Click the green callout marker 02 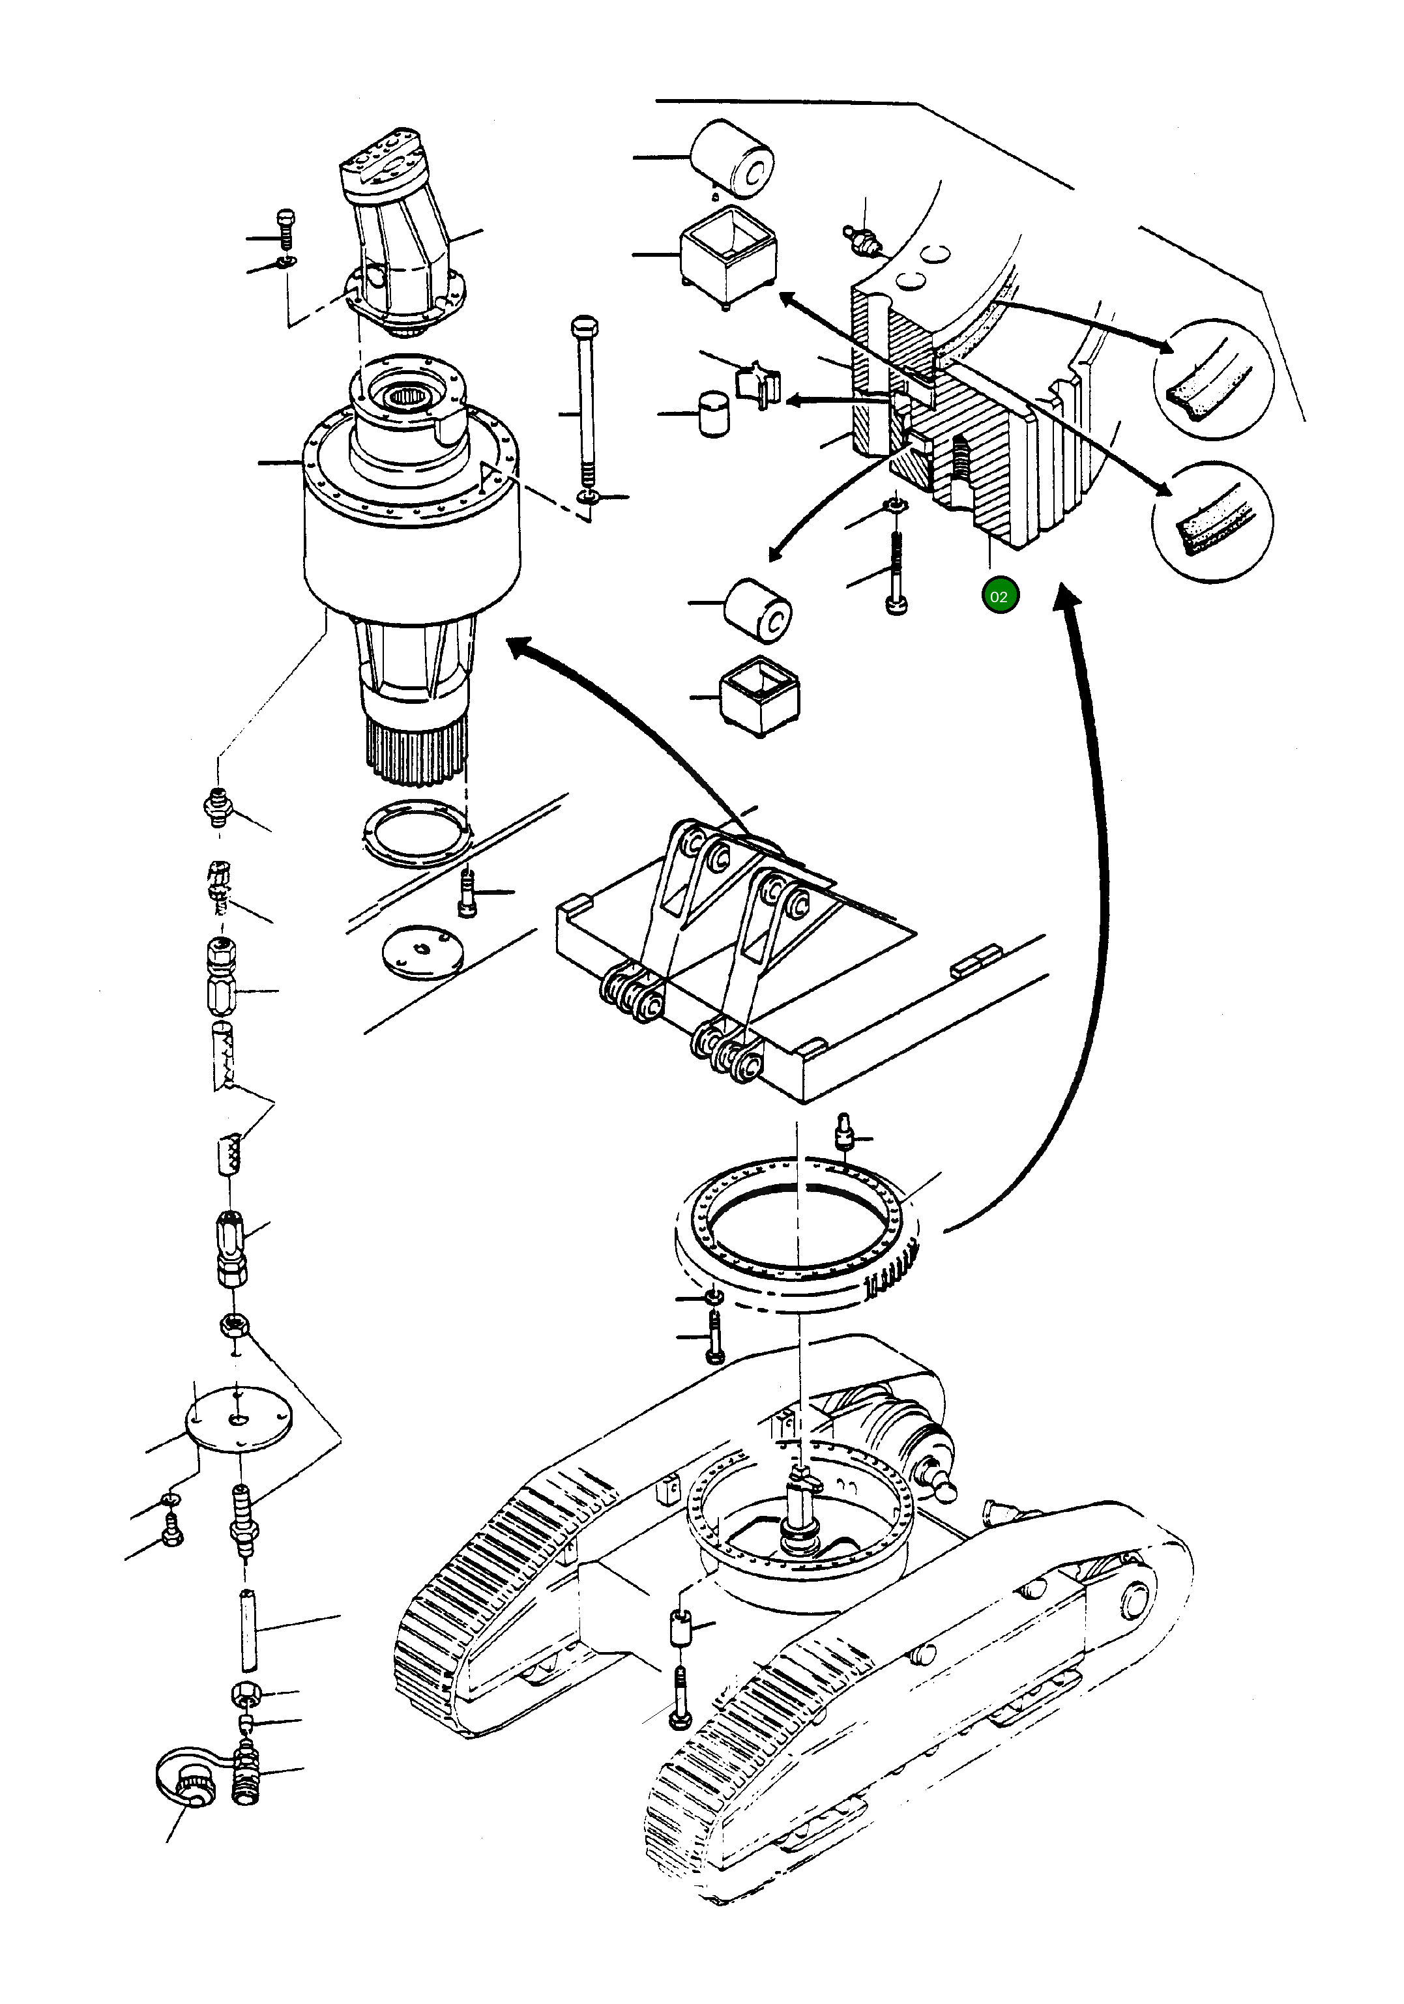click(999, 596)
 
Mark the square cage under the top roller click(727, 258)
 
